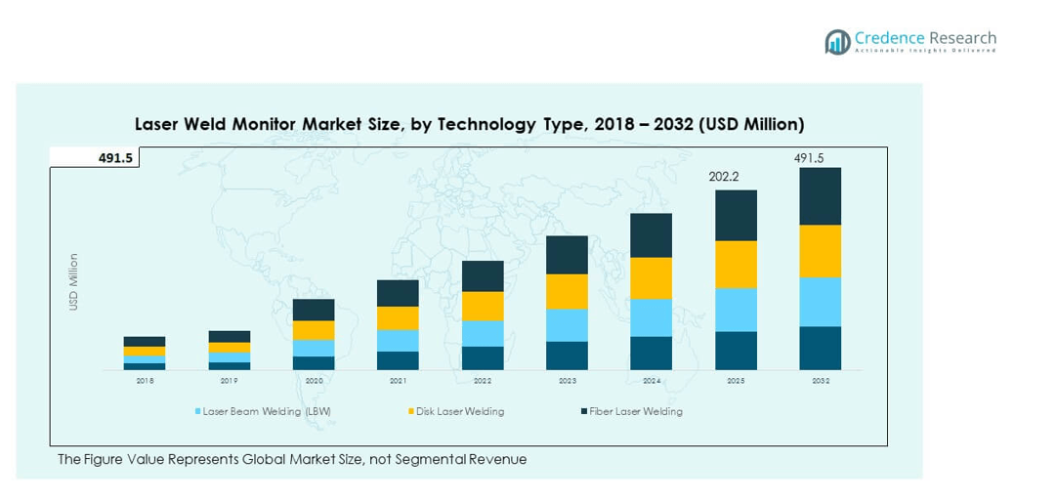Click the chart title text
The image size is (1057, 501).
coord(469,125)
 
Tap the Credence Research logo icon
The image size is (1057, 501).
coord(837,41)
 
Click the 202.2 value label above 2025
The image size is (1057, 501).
coord(724,178)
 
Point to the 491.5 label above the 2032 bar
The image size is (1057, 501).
coord(809,158)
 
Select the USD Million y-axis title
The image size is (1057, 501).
coord(73,283)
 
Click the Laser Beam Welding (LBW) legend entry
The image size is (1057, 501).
coord(264,411)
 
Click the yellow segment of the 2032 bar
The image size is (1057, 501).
coord(821,251)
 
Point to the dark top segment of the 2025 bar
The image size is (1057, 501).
coord(736,215)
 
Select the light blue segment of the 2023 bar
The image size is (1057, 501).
coord(567,325)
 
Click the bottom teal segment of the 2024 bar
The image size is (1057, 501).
coord(651,354)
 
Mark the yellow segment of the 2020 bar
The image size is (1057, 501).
coord(314,330)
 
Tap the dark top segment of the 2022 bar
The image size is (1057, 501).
coord(483,275)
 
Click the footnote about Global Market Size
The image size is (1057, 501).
coord(292,459)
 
